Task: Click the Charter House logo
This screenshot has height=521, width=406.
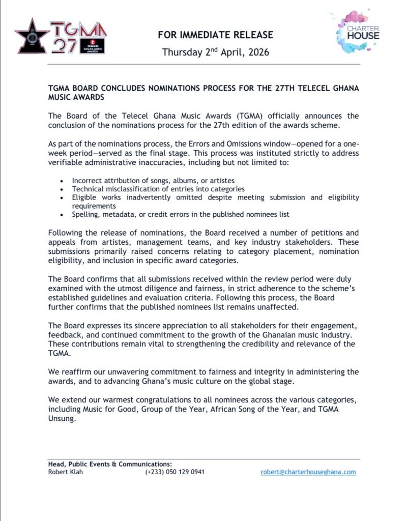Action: tap(358, 33)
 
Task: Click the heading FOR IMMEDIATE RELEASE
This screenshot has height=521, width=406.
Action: tap(215, 35)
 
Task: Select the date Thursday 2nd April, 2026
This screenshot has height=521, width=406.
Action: tap(215, 52)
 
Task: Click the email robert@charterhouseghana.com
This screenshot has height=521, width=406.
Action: tap(308, 472)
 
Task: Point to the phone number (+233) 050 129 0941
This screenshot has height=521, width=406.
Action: tap(175, 472)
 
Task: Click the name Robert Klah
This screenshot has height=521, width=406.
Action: tap(66, 472)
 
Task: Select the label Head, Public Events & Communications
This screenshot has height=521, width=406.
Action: tap(110, 464)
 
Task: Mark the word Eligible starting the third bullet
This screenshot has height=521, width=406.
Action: tap(86, 197)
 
